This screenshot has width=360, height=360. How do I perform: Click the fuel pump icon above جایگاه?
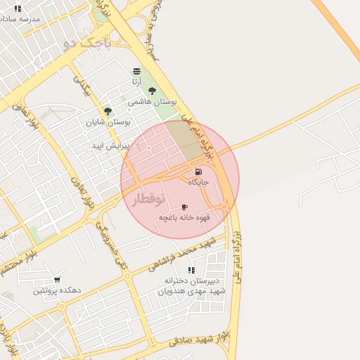point(198,172)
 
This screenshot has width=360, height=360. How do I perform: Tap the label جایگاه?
point(200,182)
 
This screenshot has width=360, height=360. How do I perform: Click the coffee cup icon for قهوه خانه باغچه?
point(184,207)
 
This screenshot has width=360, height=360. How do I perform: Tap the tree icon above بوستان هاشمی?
point(152,91)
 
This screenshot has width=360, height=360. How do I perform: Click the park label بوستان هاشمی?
point(151,102)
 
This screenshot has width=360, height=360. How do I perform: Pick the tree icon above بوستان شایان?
point(108,110)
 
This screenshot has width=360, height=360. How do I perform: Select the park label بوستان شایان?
point(108,122)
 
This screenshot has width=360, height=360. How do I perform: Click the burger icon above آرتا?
point(136,71)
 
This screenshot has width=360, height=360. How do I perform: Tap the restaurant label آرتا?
point(136,82)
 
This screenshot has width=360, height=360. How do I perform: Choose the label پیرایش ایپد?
point(108,145)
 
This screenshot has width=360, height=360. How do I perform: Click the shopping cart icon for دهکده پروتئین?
point(57,279)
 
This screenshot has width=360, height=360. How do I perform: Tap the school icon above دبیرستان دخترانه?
point(191,270)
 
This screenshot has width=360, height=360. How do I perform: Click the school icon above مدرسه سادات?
point(18,8)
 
